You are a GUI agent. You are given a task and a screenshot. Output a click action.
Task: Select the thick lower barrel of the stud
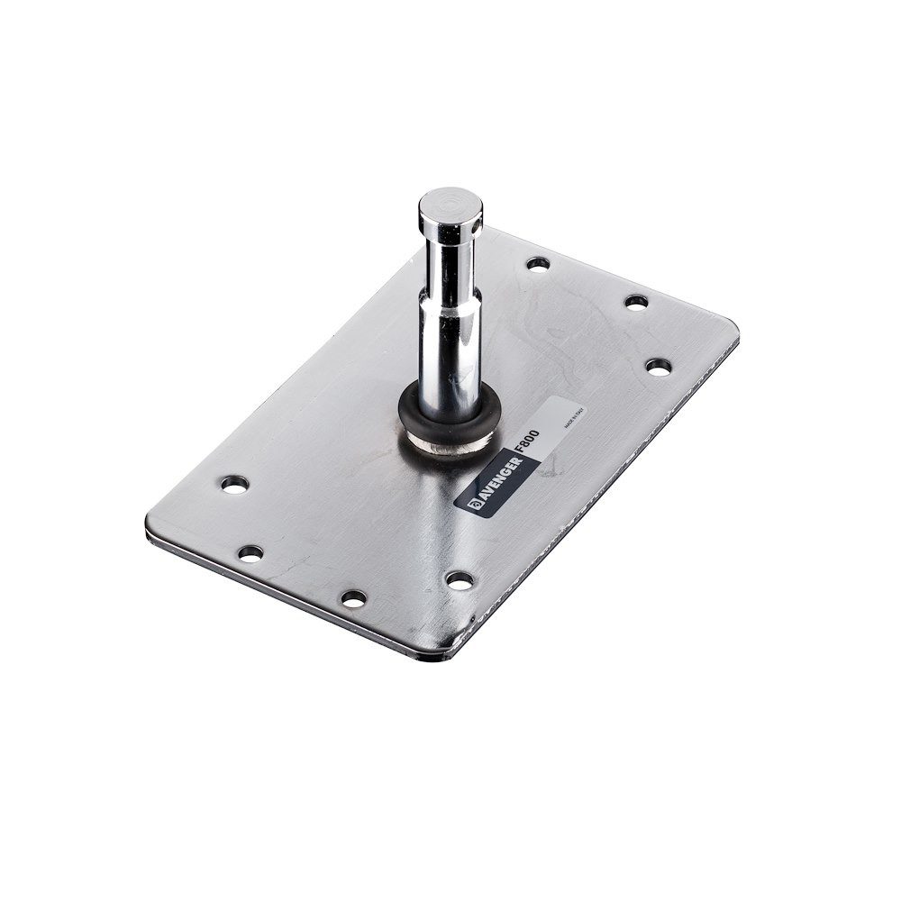coord(448,342)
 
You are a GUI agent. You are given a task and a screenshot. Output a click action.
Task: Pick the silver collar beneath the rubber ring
coord(448,441)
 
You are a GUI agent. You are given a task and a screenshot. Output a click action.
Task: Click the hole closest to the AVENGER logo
coord(460,581)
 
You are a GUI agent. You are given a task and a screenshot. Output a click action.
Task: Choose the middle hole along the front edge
coord(354,597)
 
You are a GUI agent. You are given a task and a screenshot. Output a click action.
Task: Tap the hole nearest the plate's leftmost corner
coord(250,552)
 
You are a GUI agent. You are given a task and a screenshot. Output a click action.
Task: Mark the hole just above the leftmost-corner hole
coord(234,484)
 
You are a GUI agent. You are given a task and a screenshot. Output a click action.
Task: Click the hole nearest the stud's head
coord(539,264)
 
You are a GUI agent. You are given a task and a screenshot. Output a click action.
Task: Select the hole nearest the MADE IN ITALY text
coord(659,367)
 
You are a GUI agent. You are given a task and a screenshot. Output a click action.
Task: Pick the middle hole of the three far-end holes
coord(636,301)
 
